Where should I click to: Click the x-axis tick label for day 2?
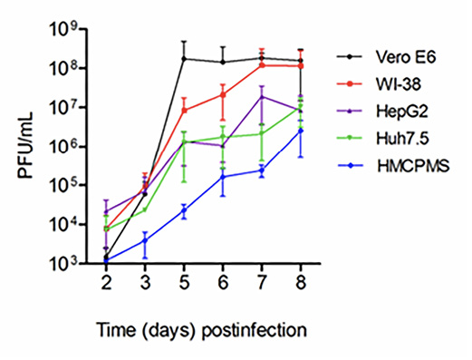pos(106,283)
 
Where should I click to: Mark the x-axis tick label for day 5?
pos(185,283)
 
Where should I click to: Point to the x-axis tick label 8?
pos(301,283)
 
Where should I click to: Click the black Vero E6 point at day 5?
pos(185,59)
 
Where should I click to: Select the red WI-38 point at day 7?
pos(262,65)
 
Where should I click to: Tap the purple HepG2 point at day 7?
pos(262,97)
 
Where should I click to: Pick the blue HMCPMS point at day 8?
pos(301,131)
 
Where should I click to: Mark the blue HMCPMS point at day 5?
pos(185,210)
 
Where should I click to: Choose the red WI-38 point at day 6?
pos(223,94)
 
